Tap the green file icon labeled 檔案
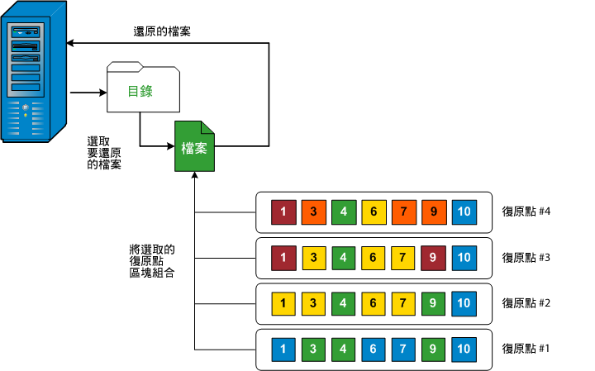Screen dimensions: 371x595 coord(194,146)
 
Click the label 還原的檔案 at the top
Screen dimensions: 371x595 coord(164,32)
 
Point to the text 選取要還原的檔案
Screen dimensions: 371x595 coord(105,152)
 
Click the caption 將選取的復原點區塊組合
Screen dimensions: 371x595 coord(153,260)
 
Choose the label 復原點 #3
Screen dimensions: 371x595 coord(526,258)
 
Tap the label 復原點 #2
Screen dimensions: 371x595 coord(526,303)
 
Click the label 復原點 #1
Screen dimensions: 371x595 coord(526,349)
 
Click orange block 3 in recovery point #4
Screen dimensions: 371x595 coord(314,212)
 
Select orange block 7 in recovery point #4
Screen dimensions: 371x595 coord(403,212)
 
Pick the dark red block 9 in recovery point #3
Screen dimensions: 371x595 coord(433,258)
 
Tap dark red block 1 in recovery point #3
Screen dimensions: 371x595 coord(284,258)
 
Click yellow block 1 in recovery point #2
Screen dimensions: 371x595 coord(284,303)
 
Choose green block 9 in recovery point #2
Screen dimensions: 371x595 coord(433,303)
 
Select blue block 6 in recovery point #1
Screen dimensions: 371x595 coord(374,349)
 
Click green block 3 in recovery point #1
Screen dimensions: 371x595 coord(314,349)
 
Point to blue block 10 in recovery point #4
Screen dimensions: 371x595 coord(464,212)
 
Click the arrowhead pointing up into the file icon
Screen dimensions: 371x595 coord(194,176)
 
